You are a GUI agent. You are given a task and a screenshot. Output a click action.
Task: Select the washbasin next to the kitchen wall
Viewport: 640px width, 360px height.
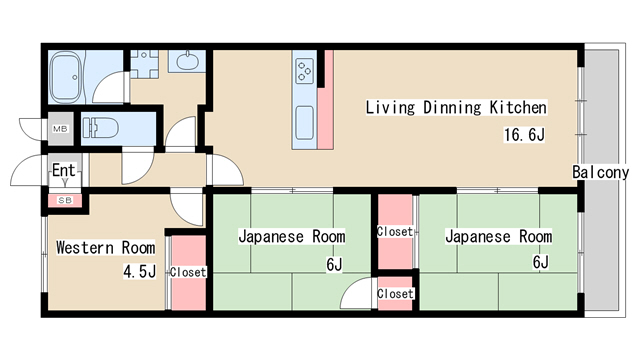[x=188, y=63]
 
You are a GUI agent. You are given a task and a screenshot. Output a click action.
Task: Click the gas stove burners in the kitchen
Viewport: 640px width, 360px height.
[x=304, y=71]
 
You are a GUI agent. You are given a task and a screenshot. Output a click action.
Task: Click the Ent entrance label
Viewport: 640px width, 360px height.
[x=63, y=170]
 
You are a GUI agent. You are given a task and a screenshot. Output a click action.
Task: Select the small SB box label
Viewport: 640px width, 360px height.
[x=64, y=201]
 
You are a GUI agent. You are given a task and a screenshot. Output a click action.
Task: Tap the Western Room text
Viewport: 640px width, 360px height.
[x=105, y=247]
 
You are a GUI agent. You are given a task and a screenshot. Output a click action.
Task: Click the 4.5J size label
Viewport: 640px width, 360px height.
[x=138, y=271]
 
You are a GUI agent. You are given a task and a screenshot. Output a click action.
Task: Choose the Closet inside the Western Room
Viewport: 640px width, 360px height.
[x=188, y=271]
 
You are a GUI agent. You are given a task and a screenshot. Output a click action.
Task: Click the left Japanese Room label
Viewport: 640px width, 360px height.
[x=291, y=237]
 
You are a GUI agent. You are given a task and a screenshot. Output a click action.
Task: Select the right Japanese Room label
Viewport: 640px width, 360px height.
[x=498, y=237]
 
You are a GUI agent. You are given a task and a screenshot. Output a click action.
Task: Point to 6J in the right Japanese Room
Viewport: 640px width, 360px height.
[x=540, y=263]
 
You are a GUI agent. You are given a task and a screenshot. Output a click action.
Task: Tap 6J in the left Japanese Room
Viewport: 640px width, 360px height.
[x=333, y=264]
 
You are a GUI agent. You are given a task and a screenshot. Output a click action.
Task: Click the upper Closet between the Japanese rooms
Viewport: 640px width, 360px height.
[x=395, y=231]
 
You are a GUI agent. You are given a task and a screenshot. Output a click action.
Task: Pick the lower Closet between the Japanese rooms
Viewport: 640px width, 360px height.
[x=395, y=294]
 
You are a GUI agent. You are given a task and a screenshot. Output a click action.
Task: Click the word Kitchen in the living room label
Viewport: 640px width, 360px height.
[x=517, y=106]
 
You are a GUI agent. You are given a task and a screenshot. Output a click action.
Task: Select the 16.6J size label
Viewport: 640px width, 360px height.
[x=523, y=135]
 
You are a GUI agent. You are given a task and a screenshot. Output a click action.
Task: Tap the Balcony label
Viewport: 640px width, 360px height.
[x=600, y=172]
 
